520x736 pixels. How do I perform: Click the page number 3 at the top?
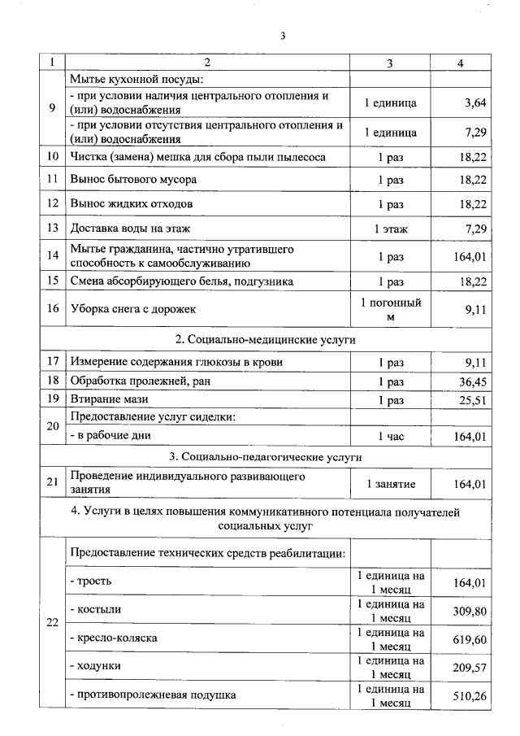tap(283, 37)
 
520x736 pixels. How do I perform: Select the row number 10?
tap(53, 155)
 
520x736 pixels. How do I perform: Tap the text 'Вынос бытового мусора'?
tap(133, 179)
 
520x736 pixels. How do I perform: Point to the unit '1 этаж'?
tap(391, 229)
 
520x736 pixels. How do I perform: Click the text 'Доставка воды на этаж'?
tap(134, 229)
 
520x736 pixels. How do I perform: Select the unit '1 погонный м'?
tap(391, 309)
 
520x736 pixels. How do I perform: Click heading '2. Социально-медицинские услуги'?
tap(266, 338)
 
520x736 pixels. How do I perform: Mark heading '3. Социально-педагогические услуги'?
tap(266, 457)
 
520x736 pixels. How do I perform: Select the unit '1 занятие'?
tap(391, 484)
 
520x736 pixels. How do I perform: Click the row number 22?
tap(53, 623)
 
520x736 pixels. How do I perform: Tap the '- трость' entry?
tap(91, 581)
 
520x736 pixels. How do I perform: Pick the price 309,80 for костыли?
tap(470, 610)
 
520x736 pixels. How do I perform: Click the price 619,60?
tap(470, 639)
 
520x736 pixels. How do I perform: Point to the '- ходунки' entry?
tap(96, 666)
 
